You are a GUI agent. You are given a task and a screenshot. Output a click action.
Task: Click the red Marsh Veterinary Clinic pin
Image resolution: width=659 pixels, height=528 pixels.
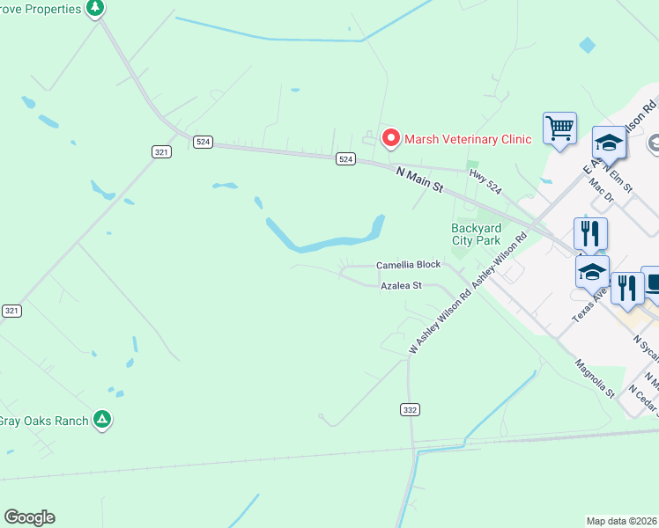[390, 139]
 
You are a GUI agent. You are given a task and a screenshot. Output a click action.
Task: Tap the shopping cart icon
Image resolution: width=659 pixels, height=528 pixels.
[559, 128]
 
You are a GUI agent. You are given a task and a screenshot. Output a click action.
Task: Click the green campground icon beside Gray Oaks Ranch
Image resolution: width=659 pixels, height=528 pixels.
[103, 420]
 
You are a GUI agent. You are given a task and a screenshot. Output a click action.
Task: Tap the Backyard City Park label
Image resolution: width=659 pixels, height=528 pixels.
[476, 235]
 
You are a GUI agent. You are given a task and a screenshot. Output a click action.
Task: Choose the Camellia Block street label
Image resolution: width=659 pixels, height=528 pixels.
[408, 265]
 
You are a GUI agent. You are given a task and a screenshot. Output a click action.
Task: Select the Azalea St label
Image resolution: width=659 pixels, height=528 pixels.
[402, 286]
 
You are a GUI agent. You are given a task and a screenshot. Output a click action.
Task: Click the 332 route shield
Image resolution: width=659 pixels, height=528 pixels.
[410, 410]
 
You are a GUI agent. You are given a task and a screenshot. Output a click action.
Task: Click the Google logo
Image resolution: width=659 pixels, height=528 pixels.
[29, 517]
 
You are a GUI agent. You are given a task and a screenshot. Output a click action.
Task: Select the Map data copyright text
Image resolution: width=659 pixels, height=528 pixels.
[622, 521]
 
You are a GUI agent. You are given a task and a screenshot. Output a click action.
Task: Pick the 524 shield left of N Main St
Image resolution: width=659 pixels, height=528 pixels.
[345, 159]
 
